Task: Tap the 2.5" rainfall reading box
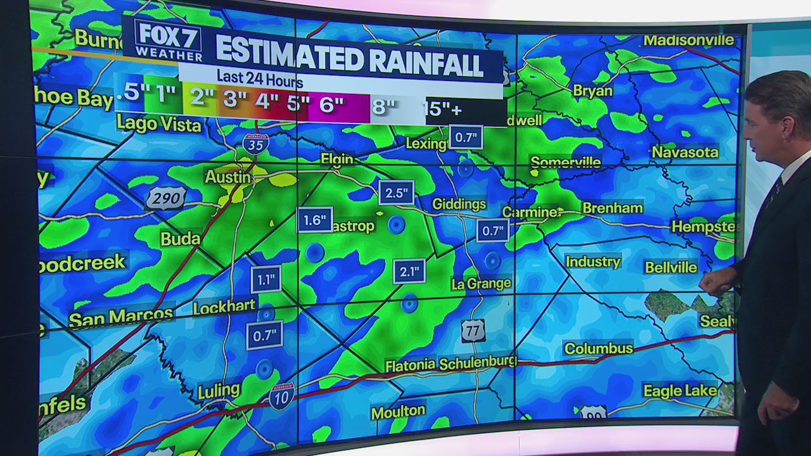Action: click(397, 193)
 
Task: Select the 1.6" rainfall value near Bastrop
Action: click(314, 220)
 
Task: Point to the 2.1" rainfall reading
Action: click(409, 272)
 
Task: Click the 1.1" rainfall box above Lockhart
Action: click(265, 279)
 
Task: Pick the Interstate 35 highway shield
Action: click(255, 144)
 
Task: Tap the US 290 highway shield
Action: click(166, 198)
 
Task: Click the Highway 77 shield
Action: click(473, 331)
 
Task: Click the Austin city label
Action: click(227, 177)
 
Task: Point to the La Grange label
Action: click(481, 284)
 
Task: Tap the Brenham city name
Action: click(612, 208)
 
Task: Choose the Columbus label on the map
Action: click(598, 348)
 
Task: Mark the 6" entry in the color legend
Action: click(331, 104)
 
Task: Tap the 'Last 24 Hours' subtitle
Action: click(260, 80)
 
